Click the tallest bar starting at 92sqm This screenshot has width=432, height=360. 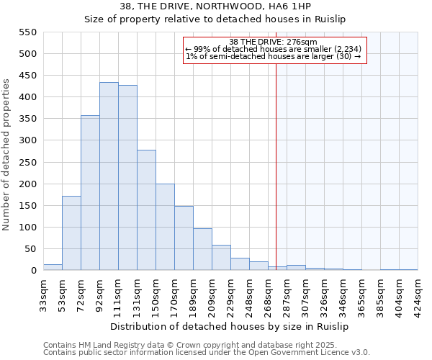click(x=109, y=176)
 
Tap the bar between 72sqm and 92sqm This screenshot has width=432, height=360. click(x=90, y=193)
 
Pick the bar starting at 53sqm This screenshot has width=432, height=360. click(x=71, y=233)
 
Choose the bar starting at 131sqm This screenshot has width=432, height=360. click(x=146, y=210)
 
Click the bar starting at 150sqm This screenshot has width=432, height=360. click(x=165, y=228)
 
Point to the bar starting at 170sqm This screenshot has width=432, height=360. click(x=184, y=238)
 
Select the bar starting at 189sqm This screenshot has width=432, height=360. click(x=202, y=250)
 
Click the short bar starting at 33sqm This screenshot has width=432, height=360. click(x=53, y=267)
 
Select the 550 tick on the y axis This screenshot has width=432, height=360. click(x=27, y=32)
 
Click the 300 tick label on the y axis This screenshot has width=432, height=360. click(x=27, y=141)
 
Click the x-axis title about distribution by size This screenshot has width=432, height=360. click(x=231, y=326)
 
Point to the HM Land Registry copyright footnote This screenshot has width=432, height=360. click(x=207, y=345)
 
